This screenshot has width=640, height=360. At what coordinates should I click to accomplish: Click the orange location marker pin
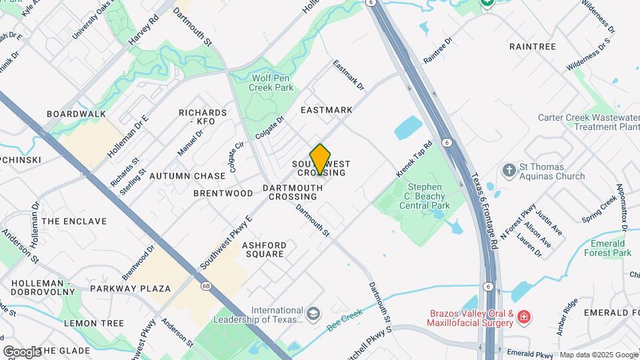tap(320, 159)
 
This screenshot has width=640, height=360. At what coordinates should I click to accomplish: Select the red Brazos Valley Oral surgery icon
tap(525, 315)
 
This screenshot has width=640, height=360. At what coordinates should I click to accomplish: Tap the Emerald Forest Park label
tap(607, 248)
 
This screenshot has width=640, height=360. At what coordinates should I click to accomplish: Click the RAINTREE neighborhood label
tap(532, 46)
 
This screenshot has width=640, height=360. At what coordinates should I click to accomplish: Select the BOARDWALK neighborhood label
tap(77, 114)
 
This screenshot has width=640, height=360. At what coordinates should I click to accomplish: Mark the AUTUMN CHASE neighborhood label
tap(187, 176)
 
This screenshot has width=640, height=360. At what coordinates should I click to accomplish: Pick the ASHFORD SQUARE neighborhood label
tap(265, 249)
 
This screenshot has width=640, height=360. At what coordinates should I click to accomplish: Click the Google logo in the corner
tap(22, 351)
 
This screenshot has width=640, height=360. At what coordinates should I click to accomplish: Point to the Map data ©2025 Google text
tap(599, 355)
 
